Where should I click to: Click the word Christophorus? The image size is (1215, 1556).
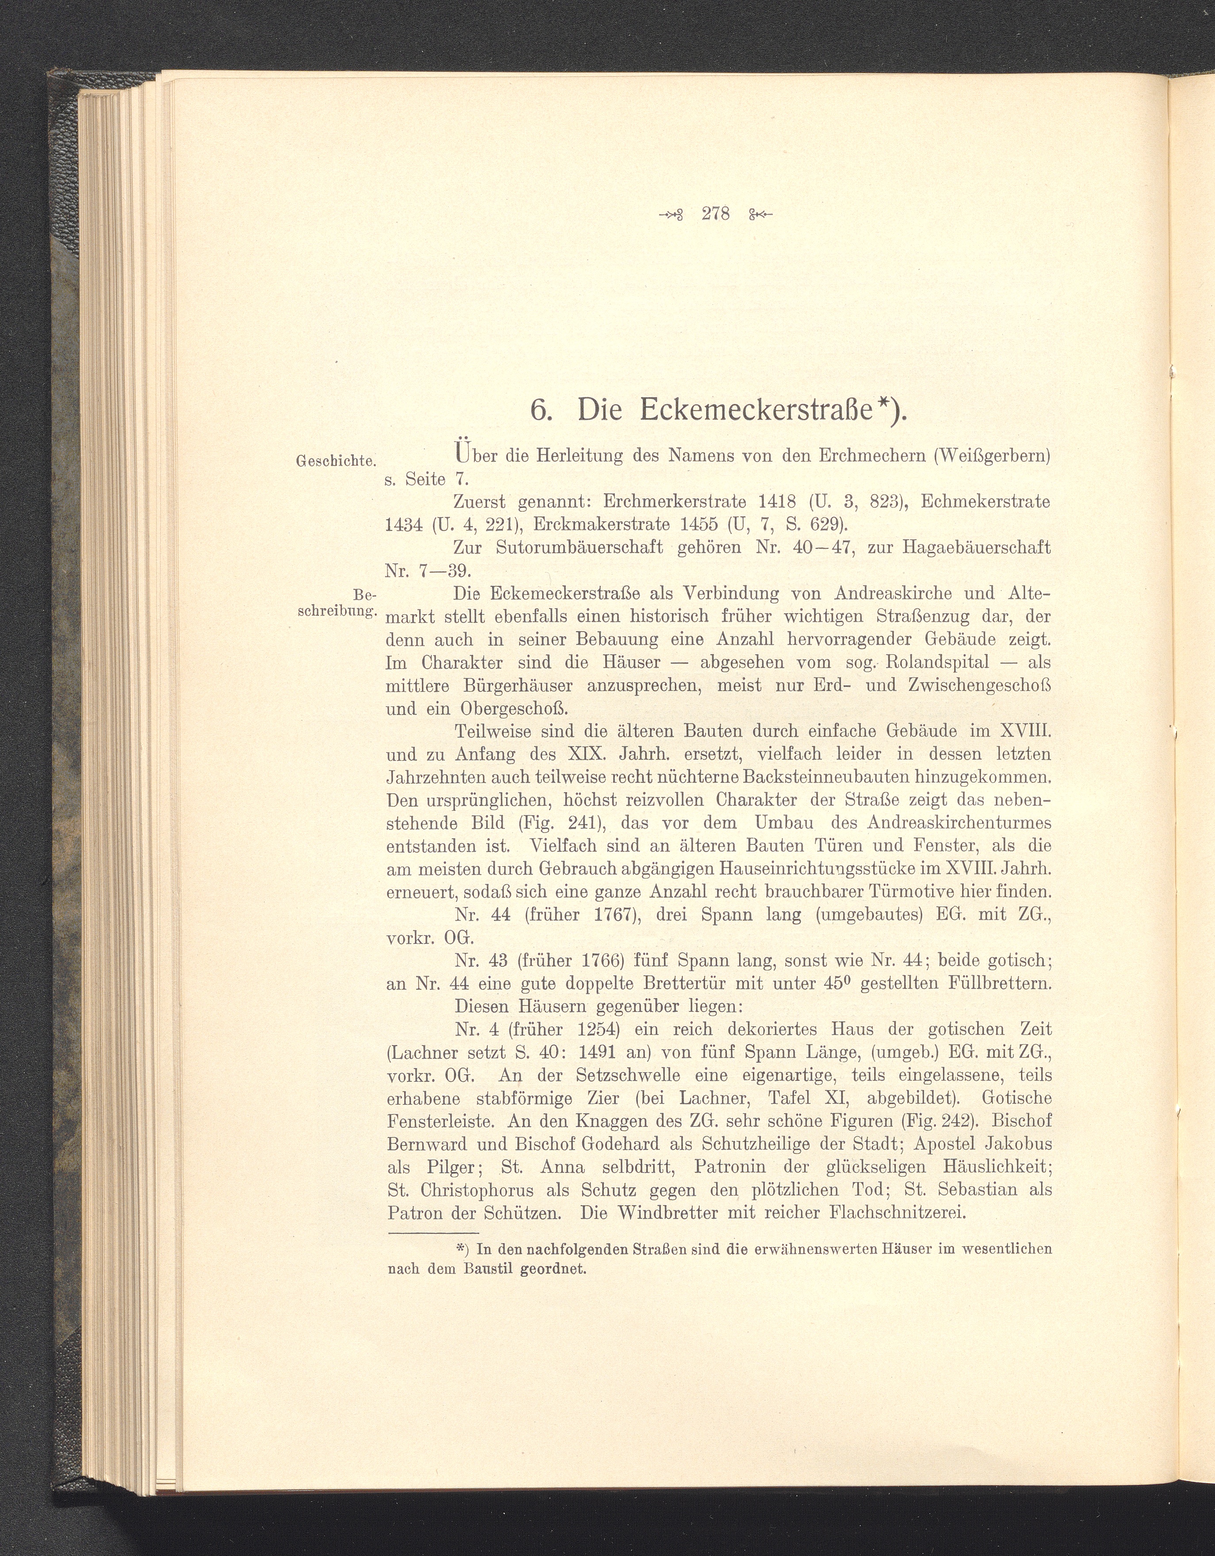click(x=474, y=1190)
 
